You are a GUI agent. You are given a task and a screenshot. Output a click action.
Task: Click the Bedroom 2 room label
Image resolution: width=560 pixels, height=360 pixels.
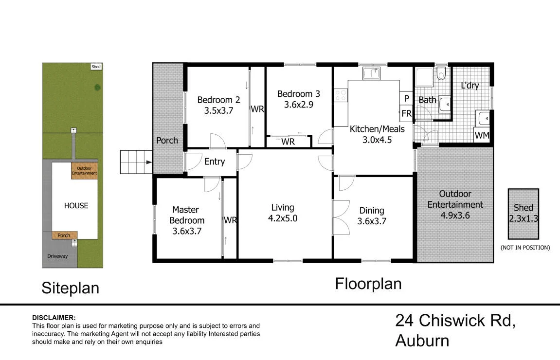point(218,100)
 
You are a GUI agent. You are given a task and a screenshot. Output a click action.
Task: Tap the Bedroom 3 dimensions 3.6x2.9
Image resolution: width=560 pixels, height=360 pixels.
point(299,105)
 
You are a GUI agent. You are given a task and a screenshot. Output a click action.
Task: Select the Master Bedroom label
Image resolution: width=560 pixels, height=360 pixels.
point(186,215)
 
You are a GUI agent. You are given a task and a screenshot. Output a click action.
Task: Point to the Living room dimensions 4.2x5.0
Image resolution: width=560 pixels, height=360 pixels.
point(283,218)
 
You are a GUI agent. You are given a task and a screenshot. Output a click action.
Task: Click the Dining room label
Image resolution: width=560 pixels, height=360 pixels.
point(372,211)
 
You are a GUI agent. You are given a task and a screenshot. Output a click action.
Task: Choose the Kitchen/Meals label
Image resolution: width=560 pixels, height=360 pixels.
point(377,129)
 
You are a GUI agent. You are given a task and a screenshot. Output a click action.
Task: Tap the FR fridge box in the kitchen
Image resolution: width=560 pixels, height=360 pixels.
point(406,113)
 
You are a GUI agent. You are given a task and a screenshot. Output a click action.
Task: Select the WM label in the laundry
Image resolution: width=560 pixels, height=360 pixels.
point(482,135)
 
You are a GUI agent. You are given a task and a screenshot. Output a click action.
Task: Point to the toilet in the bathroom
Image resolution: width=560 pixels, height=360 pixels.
point(441,73)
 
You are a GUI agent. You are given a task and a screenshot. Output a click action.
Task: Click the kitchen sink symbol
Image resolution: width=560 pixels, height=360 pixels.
point(372,73)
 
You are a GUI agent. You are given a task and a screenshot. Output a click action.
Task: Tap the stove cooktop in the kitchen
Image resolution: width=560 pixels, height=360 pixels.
point(341,95)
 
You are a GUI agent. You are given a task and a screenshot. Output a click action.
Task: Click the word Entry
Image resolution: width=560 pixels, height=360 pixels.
point(214,162)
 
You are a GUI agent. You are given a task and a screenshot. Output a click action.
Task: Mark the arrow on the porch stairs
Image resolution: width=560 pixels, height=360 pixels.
point(148,162)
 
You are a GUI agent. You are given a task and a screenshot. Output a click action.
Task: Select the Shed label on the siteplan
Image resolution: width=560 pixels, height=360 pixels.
point(96,67)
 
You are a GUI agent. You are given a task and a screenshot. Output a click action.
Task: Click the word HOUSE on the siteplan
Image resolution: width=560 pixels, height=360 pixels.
point(76,206)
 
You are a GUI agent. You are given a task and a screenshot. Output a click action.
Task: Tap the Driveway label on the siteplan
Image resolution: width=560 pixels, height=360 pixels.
point(57,256)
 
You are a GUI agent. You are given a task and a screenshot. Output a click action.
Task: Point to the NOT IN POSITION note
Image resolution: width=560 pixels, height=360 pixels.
point(525,248)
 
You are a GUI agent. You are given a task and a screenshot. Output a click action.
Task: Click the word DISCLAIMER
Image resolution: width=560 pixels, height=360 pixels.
point(54,318)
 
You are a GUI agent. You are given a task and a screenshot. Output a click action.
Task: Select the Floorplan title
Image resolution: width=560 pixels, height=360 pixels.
point(368,284)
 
